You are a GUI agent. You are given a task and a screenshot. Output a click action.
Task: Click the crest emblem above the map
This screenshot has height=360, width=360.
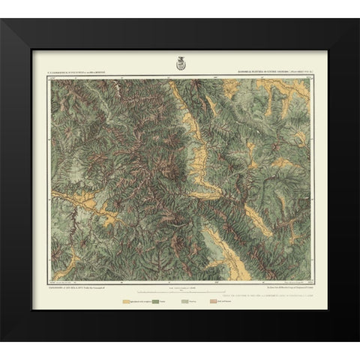click(179, 64)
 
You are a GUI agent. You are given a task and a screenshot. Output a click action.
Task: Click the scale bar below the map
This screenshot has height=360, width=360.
click(180, 289)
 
